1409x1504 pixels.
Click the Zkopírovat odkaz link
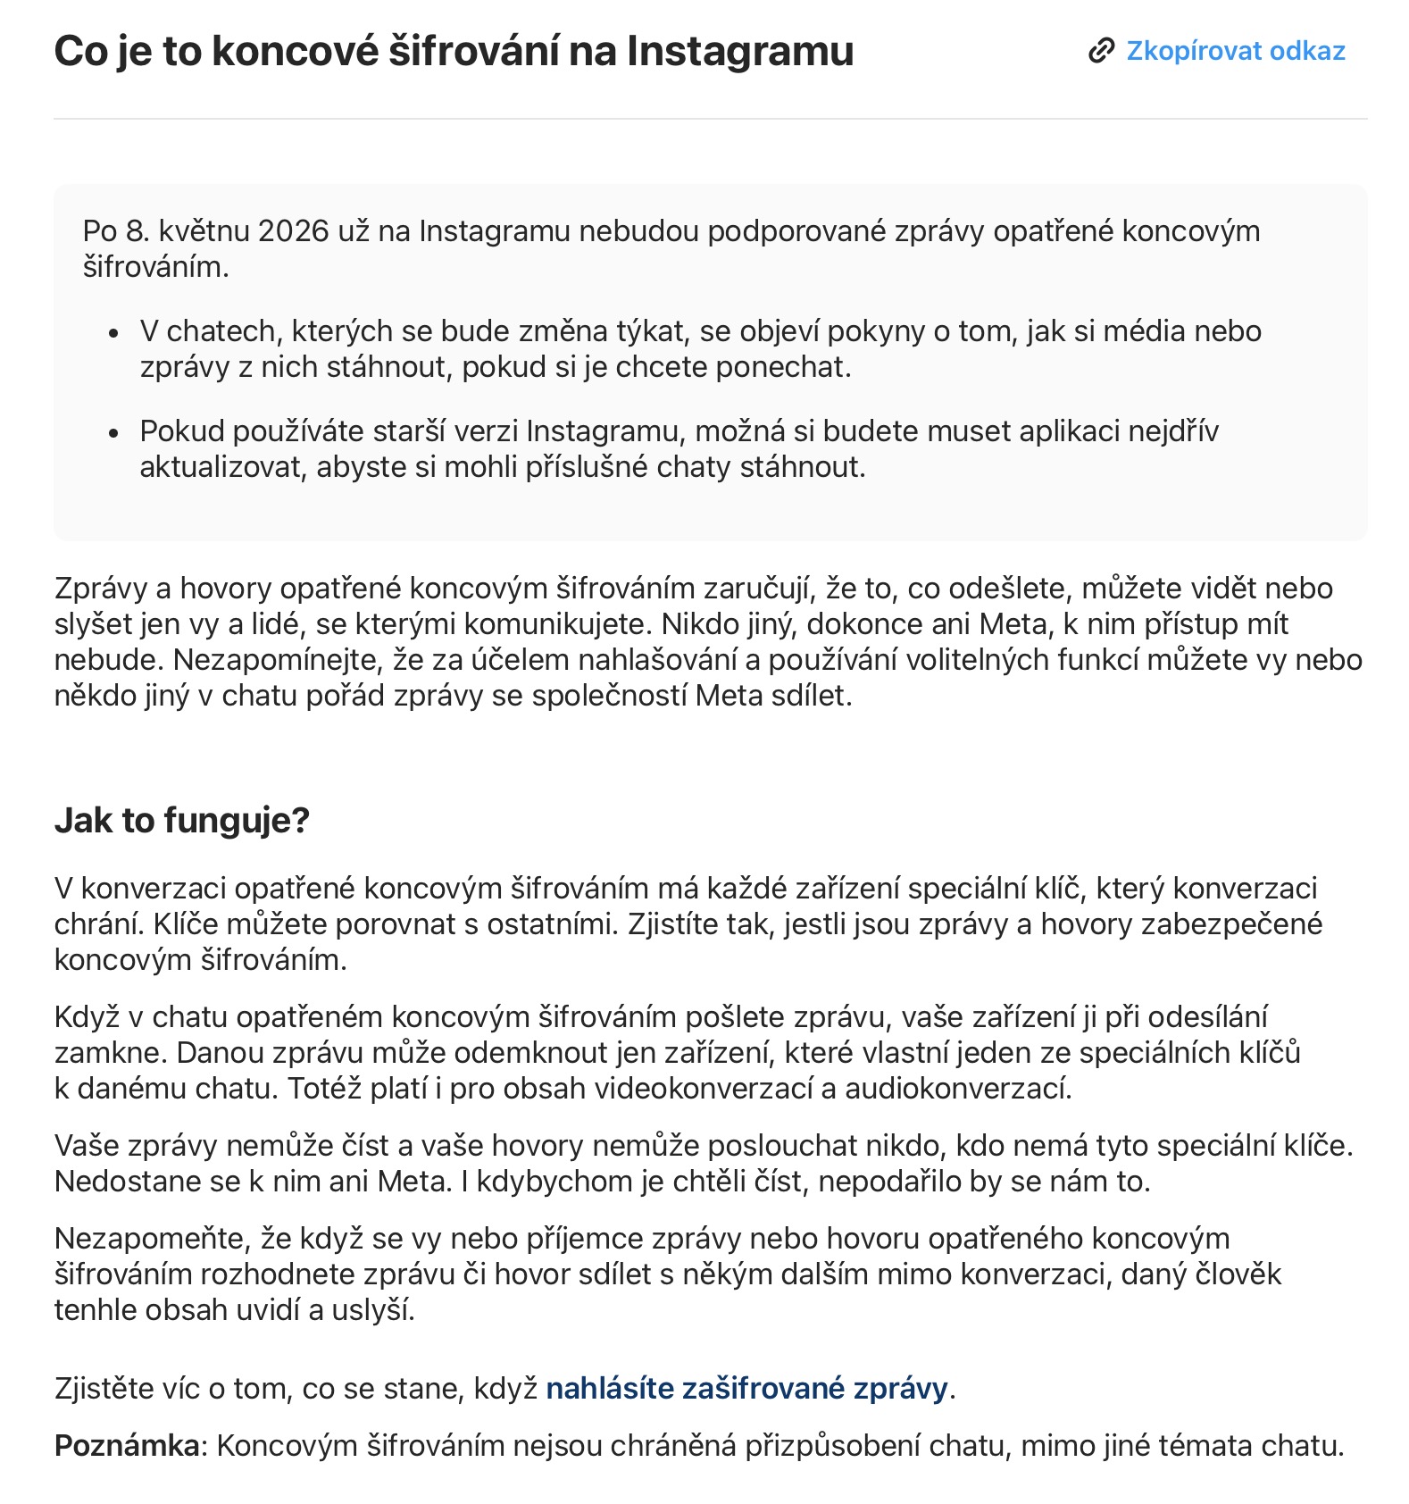pos(1235,51)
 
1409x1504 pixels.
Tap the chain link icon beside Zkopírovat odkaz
pos(1101,51)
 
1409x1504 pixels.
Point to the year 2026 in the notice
pos(293,231)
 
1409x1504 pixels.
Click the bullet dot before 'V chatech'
pos(113,334)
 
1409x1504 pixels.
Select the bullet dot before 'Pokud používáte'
pos(113,434)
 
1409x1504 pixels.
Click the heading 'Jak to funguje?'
pos(181,820)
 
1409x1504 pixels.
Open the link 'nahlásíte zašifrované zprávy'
pos(746,1389)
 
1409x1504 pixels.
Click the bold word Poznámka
pos(126,1446)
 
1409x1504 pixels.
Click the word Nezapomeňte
pos(153,1239)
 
